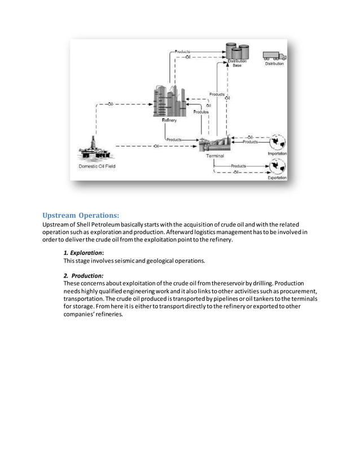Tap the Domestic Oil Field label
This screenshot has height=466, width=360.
96,166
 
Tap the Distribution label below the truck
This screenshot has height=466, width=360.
275,64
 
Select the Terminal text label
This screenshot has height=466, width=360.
214,156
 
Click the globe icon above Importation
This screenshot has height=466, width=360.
277,142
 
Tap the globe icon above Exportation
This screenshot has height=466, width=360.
277,166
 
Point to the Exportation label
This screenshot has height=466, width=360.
276,178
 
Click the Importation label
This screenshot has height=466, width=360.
276,153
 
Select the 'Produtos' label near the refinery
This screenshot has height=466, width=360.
201,112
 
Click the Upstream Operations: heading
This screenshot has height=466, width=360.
81,215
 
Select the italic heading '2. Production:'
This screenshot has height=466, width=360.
83,275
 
